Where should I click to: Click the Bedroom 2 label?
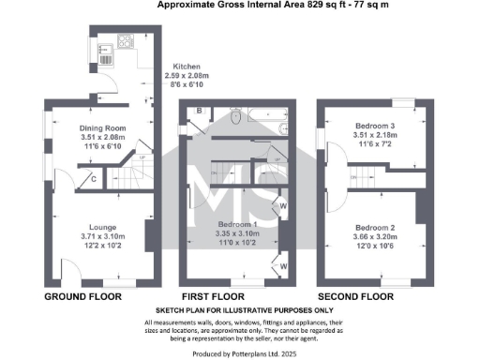[374, 226]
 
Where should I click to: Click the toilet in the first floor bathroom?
[234, 117]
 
